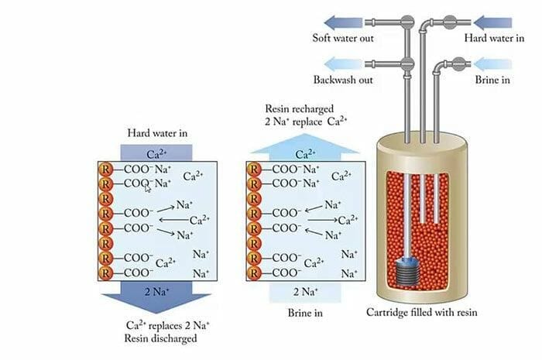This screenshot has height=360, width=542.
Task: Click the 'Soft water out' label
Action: tap(343, 38)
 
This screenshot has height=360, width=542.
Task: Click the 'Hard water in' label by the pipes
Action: tap(492, 38)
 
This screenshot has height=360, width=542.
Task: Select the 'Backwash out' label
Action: tap(343, 80)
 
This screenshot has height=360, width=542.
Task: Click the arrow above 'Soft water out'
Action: tap(345, 21)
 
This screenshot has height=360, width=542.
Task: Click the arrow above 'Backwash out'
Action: tap(345, 63)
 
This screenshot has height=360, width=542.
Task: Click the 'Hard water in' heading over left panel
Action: tap(157, 133)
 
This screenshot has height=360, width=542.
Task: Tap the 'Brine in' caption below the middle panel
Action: tap(305, 314)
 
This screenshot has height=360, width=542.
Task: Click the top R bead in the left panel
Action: tap(105, 170)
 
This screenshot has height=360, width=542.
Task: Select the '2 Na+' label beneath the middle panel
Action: tap(305, 291)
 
